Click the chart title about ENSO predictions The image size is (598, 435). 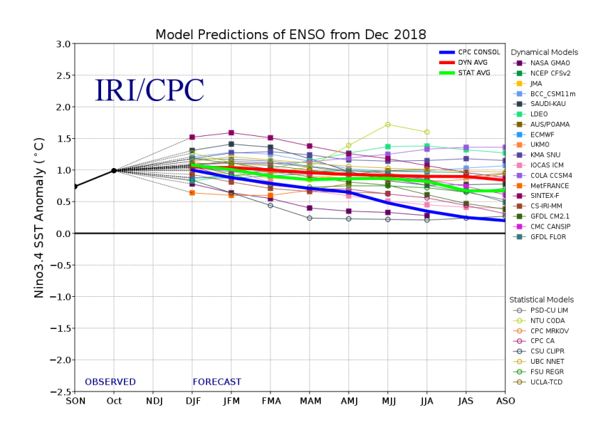[x=290, y=35]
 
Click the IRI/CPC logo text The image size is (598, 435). [x=149, y=90]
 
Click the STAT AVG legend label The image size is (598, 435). [x=476, y=73]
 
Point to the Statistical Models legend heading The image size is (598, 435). [x=545, y=300]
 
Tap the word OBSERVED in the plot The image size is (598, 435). [x=110, y=382]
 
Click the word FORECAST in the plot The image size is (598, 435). [x=216, y=382]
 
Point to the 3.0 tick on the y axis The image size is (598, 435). [x=63, y=44]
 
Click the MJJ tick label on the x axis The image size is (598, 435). [x=387, y=401]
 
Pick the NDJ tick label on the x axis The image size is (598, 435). [x=153, y=401]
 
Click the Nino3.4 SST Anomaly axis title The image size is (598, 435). [x=41, y=217]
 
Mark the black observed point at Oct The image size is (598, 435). [x=114, y=170]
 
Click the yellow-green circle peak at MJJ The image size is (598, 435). [x=388, y=125]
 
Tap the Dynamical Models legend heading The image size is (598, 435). [x=544, y=53]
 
